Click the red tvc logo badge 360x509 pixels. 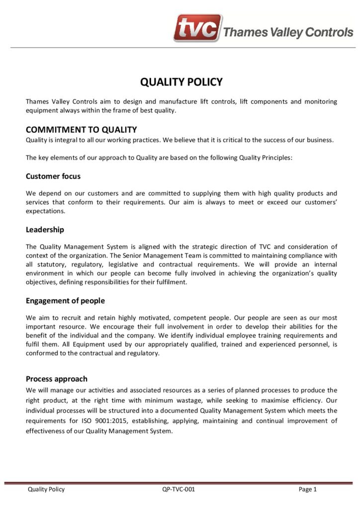pos(197,28)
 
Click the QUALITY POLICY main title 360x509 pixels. pos(181,82)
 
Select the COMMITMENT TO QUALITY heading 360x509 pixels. pos(81,130)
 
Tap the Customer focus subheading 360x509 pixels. pos(53,176)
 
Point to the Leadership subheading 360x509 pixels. pos(45,230)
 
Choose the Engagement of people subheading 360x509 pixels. pos(65,301)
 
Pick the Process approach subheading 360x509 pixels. pos(56,379)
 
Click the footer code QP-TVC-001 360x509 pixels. pos(179,489)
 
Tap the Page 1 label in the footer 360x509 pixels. pos(307,489)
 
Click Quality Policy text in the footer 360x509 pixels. pos(46,489)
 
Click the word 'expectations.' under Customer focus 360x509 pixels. pos(45,211)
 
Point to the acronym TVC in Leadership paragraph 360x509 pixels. pos(265,247)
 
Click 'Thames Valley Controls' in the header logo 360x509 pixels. pos(288,33)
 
